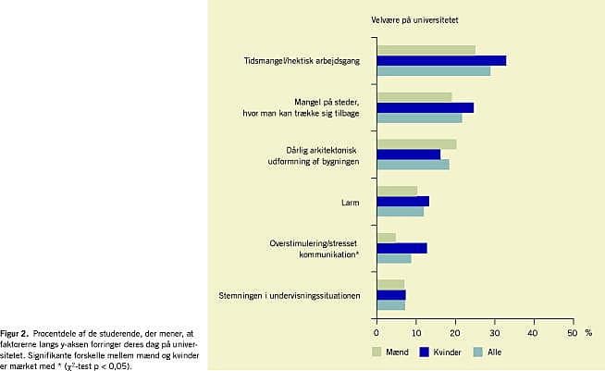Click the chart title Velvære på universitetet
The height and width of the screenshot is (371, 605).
pyautogui.click(x=414, y=20)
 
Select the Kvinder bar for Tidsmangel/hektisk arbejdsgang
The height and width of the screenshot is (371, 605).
pyautogui.click(x=441, y=61)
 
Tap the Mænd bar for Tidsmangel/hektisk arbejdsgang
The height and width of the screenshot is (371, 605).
pyautogui.click(x=426, y=50)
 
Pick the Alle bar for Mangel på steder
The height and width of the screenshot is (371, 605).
pyautogui.click(x=419, y=118)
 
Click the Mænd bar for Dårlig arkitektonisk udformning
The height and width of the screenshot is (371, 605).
pyautogui.click(x=416, y=144)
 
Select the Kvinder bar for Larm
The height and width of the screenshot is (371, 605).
pyautogui.click(x=402, y=201)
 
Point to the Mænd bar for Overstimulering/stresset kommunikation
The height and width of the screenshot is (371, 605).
pyautogui.click(x=387, y=238)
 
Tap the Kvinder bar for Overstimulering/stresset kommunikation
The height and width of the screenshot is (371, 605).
pyautogui.click(x=402, y=248)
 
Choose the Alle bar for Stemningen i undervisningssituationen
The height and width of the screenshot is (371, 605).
pyautogui.click(x=391, y=305)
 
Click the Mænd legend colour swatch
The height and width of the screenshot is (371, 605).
pyautogui.click(x=377, y=352)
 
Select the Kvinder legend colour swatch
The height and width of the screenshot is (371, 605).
pyautogui.click(x=425, y=352)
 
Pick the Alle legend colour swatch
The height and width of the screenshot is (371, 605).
pyautogui.click(x=478, y=352)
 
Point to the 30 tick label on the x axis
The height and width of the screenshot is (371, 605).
pyautogui.click(x=495, y=333)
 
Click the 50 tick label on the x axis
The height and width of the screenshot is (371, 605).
pyautogui.click(x=573, y=333)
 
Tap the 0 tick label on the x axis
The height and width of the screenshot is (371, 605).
pyautogui.click(x=377, y=333)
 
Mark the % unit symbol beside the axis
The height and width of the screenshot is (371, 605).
pyautogui.click(x=588, y=333)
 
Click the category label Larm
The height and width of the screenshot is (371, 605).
pyautogui.click(x=350, y=203)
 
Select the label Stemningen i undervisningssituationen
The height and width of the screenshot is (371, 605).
pyautogui.click(x=290, y=296)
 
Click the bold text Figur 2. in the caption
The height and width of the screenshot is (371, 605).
pyautogui.click(x=14, y=334)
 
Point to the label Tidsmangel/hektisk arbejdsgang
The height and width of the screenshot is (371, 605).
pyautogui.click(x=302, y=61)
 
